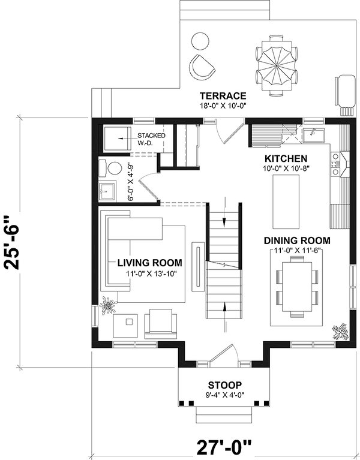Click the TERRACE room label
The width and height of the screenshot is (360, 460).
tap(223, 95)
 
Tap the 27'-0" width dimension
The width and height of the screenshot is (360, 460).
tap(223, 447)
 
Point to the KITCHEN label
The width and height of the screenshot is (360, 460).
tap(286, 158)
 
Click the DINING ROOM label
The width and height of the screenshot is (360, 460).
tap(297, 240)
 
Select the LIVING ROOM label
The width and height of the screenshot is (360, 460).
tap(149, 263)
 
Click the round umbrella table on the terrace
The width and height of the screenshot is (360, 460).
tap(278, 65)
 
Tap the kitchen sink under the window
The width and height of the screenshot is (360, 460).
tap(314, 135)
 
